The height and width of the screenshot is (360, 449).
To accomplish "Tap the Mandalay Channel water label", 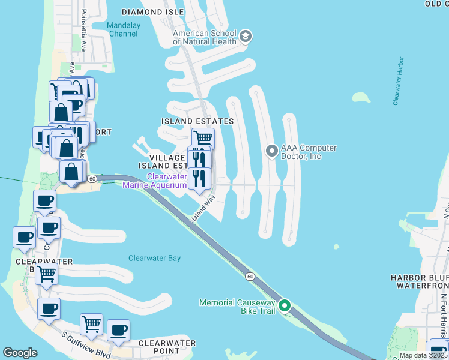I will pyautogui.click(x=122, y=29).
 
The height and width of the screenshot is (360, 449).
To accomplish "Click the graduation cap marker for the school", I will pyautogui.click(x=245, y=37).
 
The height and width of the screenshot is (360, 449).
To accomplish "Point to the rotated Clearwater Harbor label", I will pyautogui.click(x=398, y=82).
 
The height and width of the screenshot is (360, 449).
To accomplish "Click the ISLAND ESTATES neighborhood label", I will pyautogui.click(x=197, y=121).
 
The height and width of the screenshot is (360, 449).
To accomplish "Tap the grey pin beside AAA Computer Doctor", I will pyautogui.click(x=271, y=151).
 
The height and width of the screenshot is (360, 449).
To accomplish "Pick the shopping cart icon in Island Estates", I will pyautogui.click(x=203, y=138).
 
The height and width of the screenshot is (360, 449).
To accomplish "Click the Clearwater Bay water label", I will pyautogui.click(x=154, y=259).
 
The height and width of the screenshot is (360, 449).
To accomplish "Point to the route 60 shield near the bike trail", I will pyautogui.click(x=249, y=276).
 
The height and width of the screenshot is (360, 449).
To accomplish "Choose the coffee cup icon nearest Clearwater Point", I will pyautogui.click(x=118, y=331).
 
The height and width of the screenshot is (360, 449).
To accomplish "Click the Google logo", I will pyautogui.click(x=20, y=353).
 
